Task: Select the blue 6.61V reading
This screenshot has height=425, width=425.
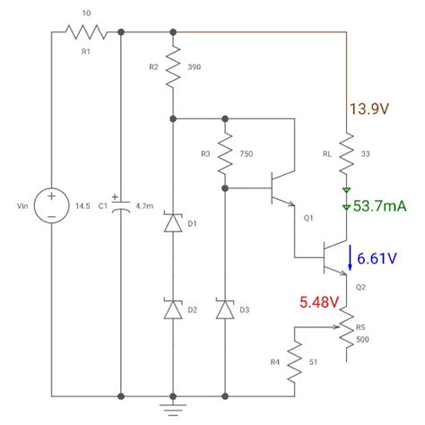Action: tap(377, 259)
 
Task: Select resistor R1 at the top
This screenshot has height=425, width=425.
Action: tap(86, 33)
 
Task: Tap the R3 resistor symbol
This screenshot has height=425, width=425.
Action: tap(225, 153)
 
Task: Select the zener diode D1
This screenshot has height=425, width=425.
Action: tap(172, 224)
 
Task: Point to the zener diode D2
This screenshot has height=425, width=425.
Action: tap(172, 310)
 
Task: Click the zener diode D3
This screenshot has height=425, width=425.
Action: tap(225, 310)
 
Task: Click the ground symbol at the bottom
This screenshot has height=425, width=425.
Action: tap(172, 409)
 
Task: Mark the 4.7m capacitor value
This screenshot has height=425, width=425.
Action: tap(143, 206)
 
